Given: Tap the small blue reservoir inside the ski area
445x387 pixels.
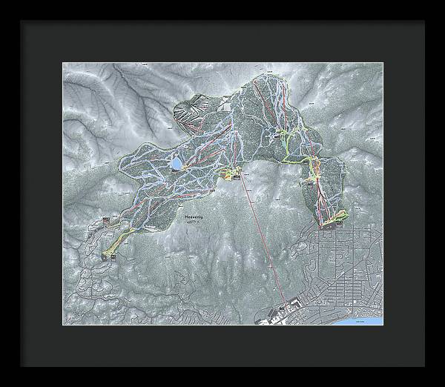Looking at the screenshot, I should coord(177,162).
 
